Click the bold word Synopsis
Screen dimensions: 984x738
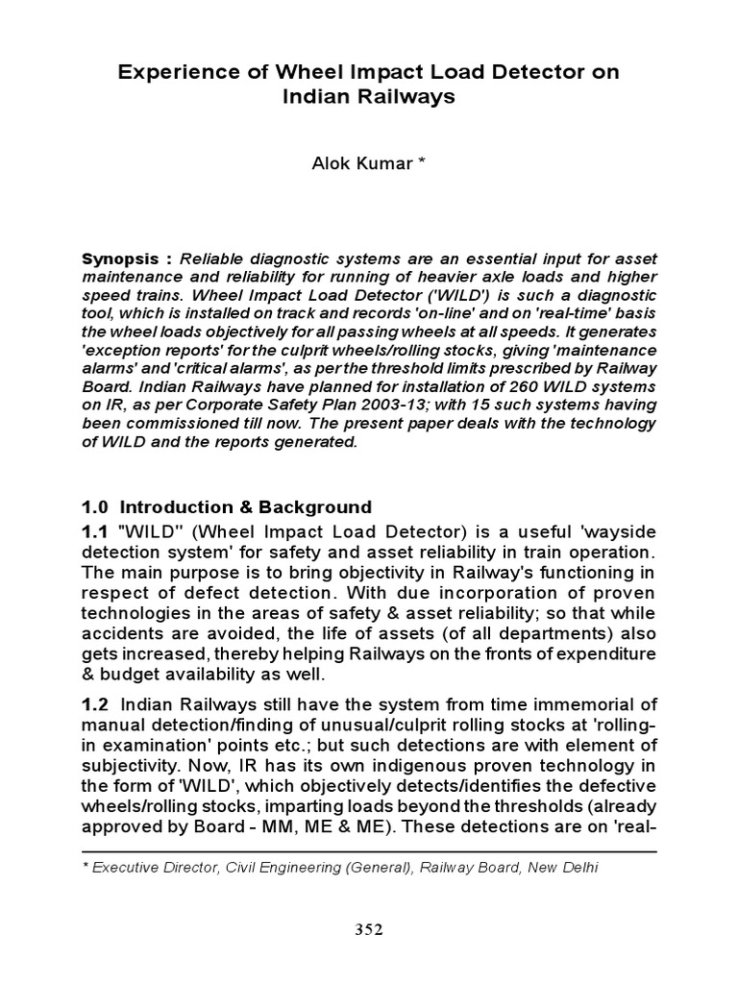(117, 259)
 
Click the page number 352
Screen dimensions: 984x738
(369, 929)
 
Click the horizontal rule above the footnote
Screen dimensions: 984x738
(369, 851)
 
